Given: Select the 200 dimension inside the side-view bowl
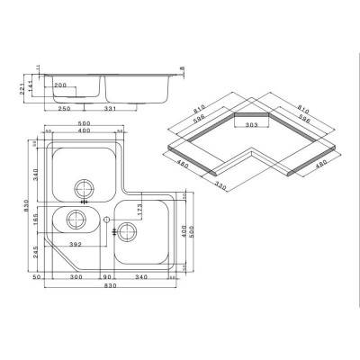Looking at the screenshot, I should click(x=60, y=86).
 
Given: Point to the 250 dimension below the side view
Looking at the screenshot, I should click(x=65, y=110).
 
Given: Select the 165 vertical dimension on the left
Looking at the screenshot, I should click(x=37, y=219).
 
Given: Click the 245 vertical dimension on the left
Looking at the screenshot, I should click(x=37, y=254).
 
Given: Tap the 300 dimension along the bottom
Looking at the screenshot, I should click(x=79, y=278).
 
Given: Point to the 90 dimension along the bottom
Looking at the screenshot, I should click(x=107, y=278).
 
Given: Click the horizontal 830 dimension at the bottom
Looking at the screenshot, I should click(x=108, y=288).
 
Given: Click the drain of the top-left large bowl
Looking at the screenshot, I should click(x=85, y=188).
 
